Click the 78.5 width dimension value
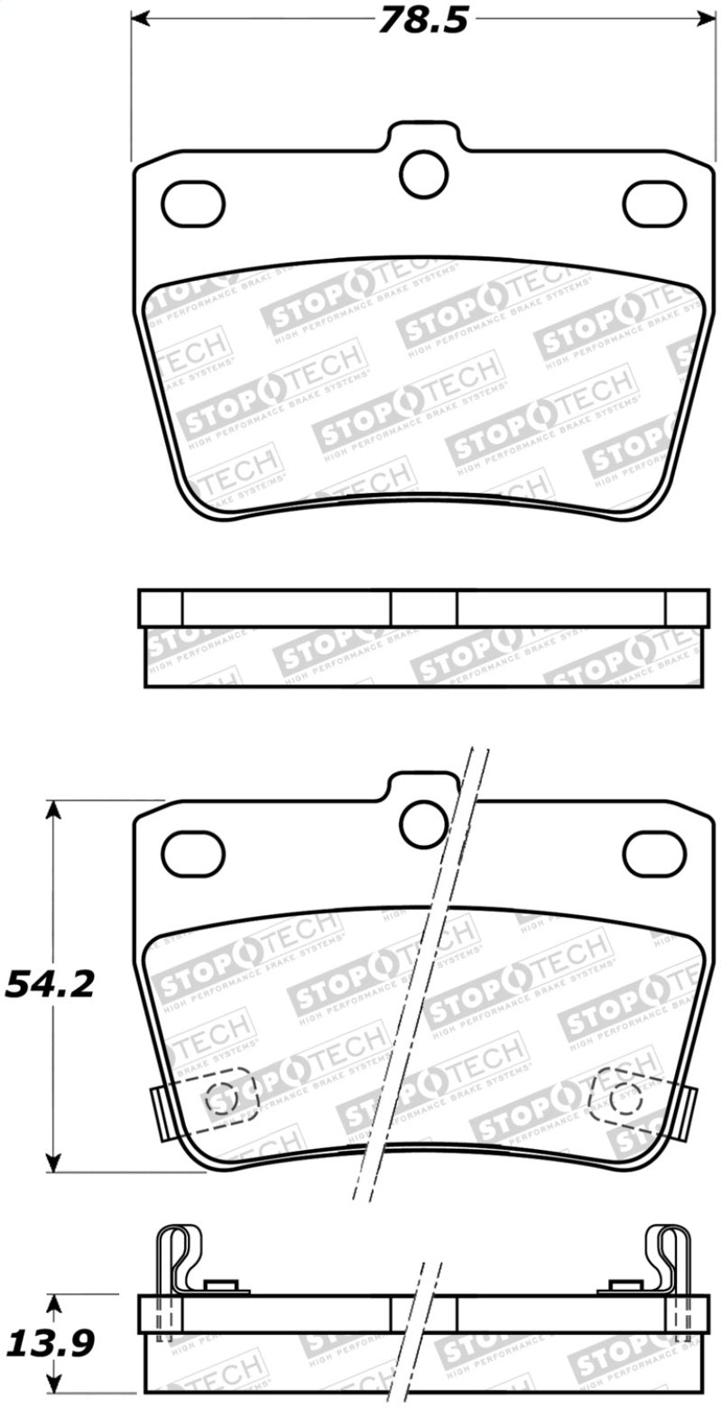[x=422, y=21]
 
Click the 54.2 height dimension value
[x=51, y=985]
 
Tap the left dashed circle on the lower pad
[x=222, y=1098]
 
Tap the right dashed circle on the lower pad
[x=625, y=1098]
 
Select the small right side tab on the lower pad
[x=690, y=1111]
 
